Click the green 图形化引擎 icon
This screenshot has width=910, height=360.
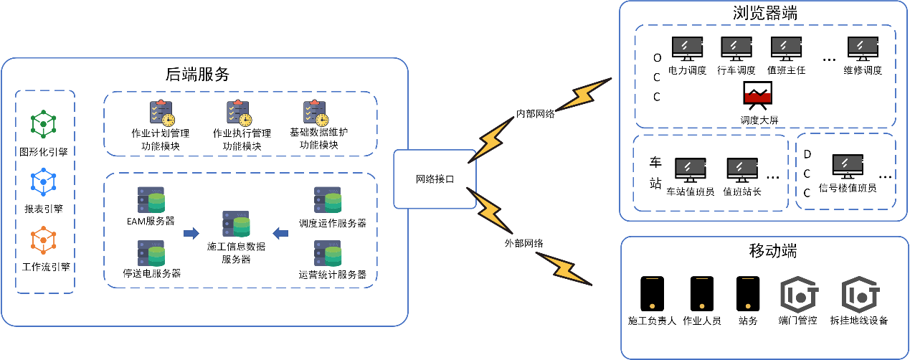(44, 125)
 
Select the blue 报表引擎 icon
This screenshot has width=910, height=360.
(44, 184)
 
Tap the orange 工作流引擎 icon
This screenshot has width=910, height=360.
(44, 242)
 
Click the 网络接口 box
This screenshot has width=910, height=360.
(435, 179)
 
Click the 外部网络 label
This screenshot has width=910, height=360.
(523, 243)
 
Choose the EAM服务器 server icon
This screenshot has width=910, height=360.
(151, 200)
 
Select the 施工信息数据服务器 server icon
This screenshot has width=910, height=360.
(236, 224)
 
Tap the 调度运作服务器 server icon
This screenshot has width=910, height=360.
(328, 200)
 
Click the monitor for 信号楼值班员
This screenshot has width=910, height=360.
(848, 167)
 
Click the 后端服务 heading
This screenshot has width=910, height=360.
(197, 74)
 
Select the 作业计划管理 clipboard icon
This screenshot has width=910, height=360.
(162, 113)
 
